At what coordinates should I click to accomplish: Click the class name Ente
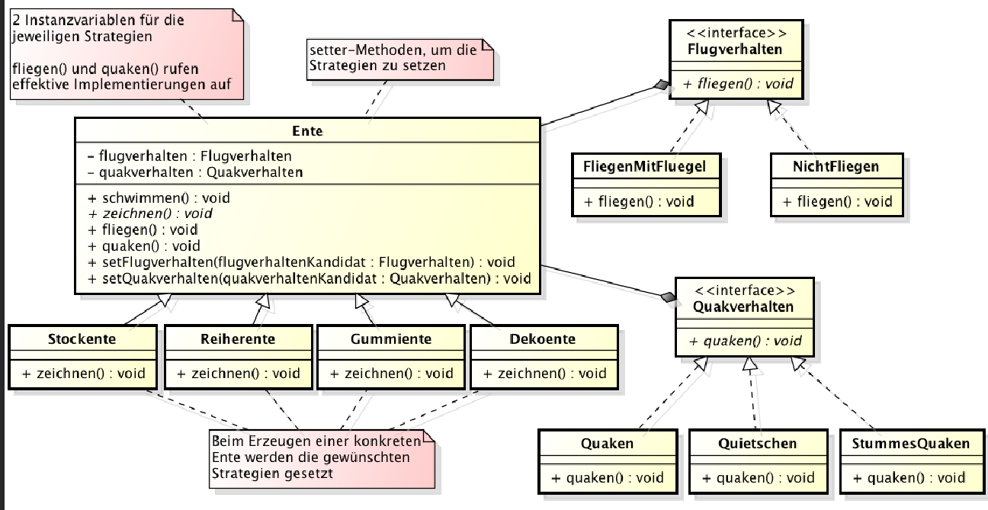tap(307, 131)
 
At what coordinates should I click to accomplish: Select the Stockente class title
tap(82, 338)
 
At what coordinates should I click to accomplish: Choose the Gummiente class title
tap(390, 338)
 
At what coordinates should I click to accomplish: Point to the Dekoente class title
tap(542, 338)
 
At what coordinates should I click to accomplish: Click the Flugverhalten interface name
tap(735, 50)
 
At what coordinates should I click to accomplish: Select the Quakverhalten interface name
tap(743, 306)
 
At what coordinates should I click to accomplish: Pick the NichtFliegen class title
tap(836, 165)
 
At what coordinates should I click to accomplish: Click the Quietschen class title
tap(757, 443)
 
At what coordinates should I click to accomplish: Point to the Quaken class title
tap(607, 443)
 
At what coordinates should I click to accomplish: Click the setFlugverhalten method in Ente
tap(302, 262)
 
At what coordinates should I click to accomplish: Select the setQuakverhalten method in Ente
tap(310, 278)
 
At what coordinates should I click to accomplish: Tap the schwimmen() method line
tap(159, 198)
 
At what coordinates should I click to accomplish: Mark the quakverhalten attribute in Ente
tap(195, 172)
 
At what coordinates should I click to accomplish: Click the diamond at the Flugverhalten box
tap(659, 88)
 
